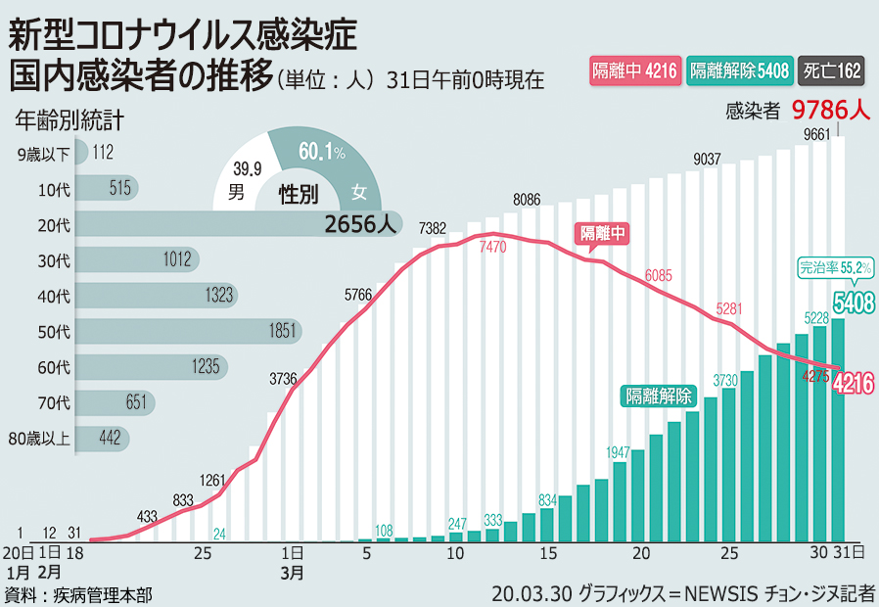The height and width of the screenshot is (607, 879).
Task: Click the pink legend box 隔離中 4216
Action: tap(633, 70)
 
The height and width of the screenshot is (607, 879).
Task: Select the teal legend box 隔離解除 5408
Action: tap(740, 70)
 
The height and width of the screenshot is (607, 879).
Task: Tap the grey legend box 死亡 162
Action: tap(832, 70)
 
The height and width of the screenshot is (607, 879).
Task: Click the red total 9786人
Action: tap(830, 110)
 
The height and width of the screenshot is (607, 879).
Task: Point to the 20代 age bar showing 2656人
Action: tap(235, 224)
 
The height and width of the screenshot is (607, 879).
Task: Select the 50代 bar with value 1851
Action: tap(186, 331)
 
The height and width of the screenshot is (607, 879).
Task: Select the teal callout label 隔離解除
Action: tap(659, 396)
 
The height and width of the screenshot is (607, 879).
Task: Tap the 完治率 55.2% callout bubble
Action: tap(835, 266)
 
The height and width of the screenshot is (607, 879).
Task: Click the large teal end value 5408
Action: tap(853, 303)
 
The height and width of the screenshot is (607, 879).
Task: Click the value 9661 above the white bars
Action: tap(817, 134)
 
